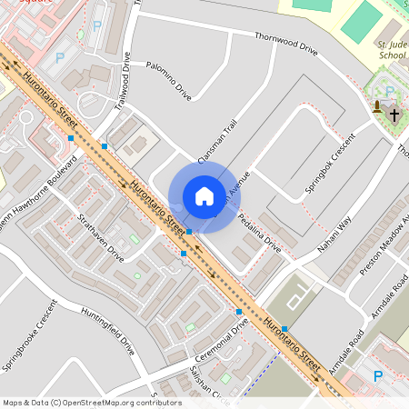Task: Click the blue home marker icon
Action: [204, 195]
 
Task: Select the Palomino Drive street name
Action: [169, 83]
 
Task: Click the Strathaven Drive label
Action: [101, 237]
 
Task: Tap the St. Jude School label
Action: [391, 48]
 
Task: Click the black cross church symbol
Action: [394, 115]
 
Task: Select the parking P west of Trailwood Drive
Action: [61, 56]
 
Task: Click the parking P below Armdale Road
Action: [378, 375]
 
